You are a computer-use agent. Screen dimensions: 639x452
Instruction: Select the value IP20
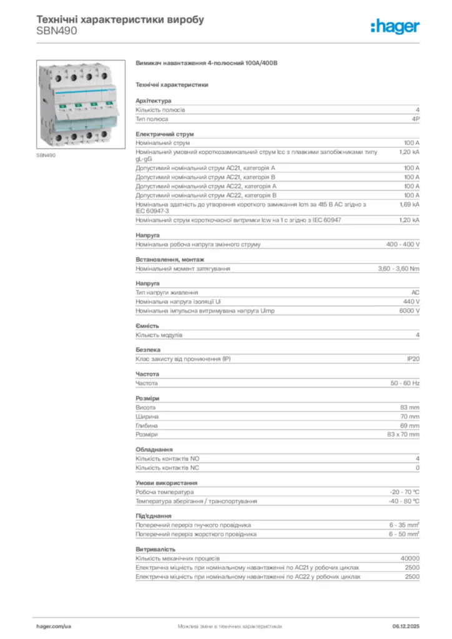[413, 359]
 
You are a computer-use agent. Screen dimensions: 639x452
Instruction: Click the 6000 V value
[409, 311]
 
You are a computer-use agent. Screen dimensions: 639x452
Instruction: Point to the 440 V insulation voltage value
[411, 301]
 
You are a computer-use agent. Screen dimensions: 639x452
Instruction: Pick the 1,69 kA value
[410, 204]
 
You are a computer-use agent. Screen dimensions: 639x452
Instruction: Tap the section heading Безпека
[148, 350]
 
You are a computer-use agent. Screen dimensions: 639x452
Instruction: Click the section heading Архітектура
[154, 100]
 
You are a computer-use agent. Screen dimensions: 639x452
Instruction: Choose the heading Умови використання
[167, 483]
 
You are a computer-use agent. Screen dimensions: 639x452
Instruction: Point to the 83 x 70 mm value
[403, 434]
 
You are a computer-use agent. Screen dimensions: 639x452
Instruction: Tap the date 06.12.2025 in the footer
[406, 625]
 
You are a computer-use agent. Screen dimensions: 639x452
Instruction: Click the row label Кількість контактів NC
[168, 467]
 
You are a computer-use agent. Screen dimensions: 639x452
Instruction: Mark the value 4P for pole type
[415, 119]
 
